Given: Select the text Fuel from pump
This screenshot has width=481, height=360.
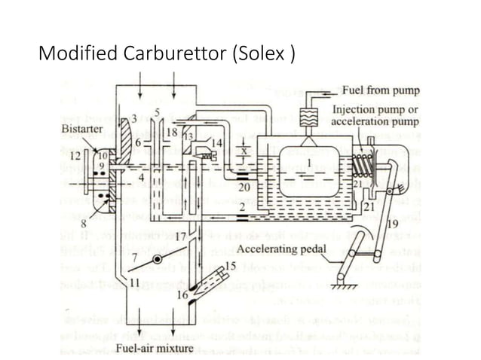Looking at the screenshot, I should coord(381,90).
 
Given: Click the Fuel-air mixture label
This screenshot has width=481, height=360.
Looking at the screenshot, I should coord(158,348).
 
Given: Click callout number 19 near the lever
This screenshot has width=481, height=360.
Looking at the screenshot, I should coord(392,224).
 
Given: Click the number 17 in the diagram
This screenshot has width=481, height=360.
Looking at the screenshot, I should coord(182,236).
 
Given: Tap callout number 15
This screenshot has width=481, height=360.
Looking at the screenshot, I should coord(231,265).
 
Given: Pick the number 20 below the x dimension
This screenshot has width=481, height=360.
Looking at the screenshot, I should coord(243,186).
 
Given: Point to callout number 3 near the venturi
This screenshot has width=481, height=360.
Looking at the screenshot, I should coord(134,118).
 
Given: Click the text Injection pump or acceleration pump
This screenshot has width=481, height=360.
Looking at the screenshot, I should coord(375,115).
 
